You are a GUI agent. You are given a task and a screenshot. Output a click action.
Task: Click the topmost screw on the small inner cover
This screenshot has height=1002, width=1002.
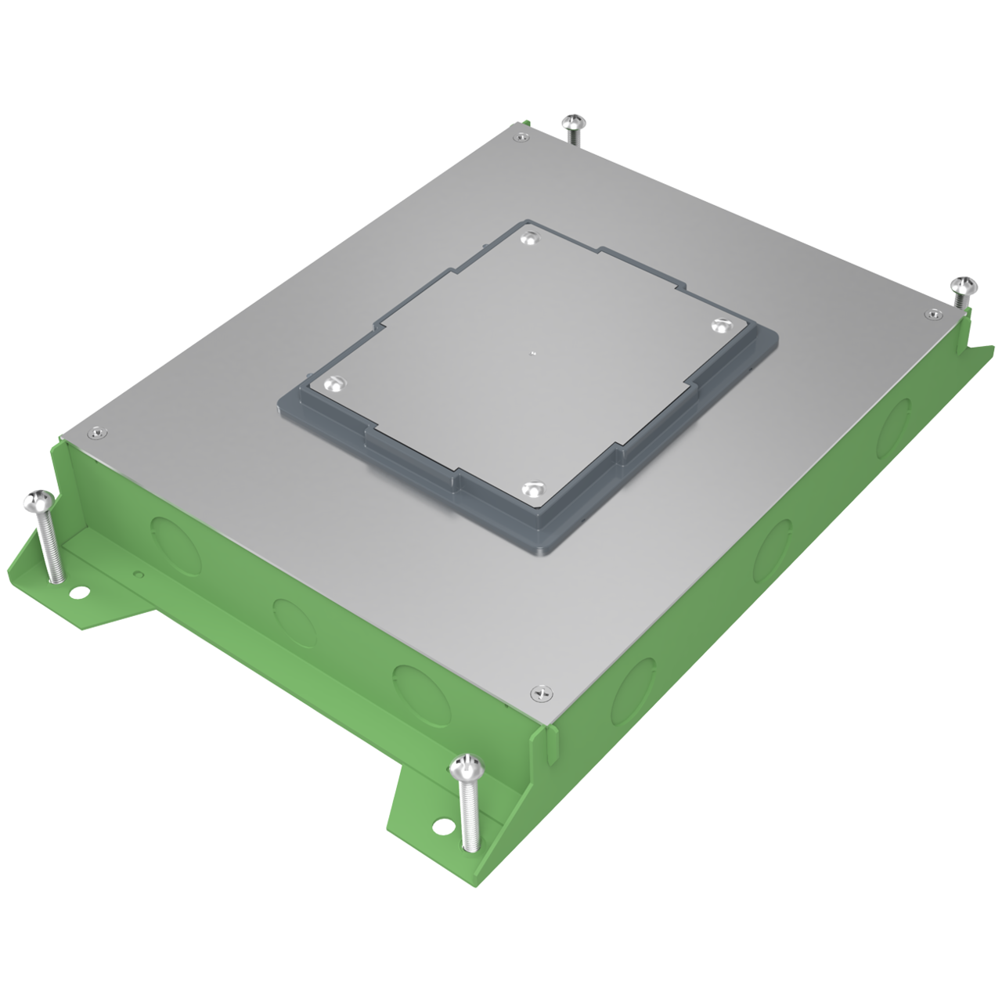(x=532, y=240)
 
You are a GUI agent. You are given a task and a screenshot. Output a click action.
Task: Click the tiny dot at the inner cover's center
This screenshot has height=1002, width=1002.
(x=532, y=353)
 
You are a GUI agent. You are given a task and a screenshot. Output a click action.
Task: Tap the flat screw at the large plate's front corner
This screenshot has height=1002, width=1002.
(x=541, y=692)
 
